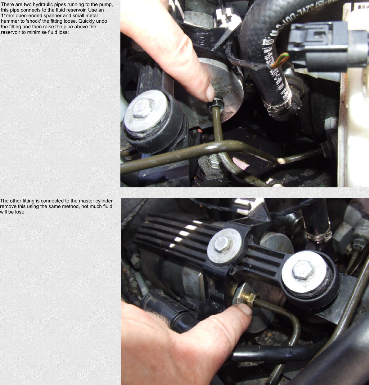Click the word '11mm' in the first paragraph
click(x=7, y=16)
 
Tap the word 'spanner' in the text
click(x=52, y=16)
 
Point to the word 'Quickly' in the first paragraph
click(x=87, y=21)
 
